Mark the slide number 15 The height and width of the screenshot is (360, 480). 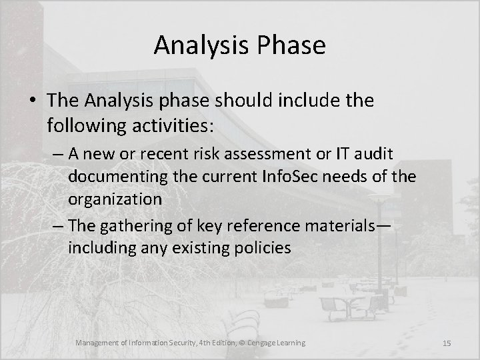point(447,343)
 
